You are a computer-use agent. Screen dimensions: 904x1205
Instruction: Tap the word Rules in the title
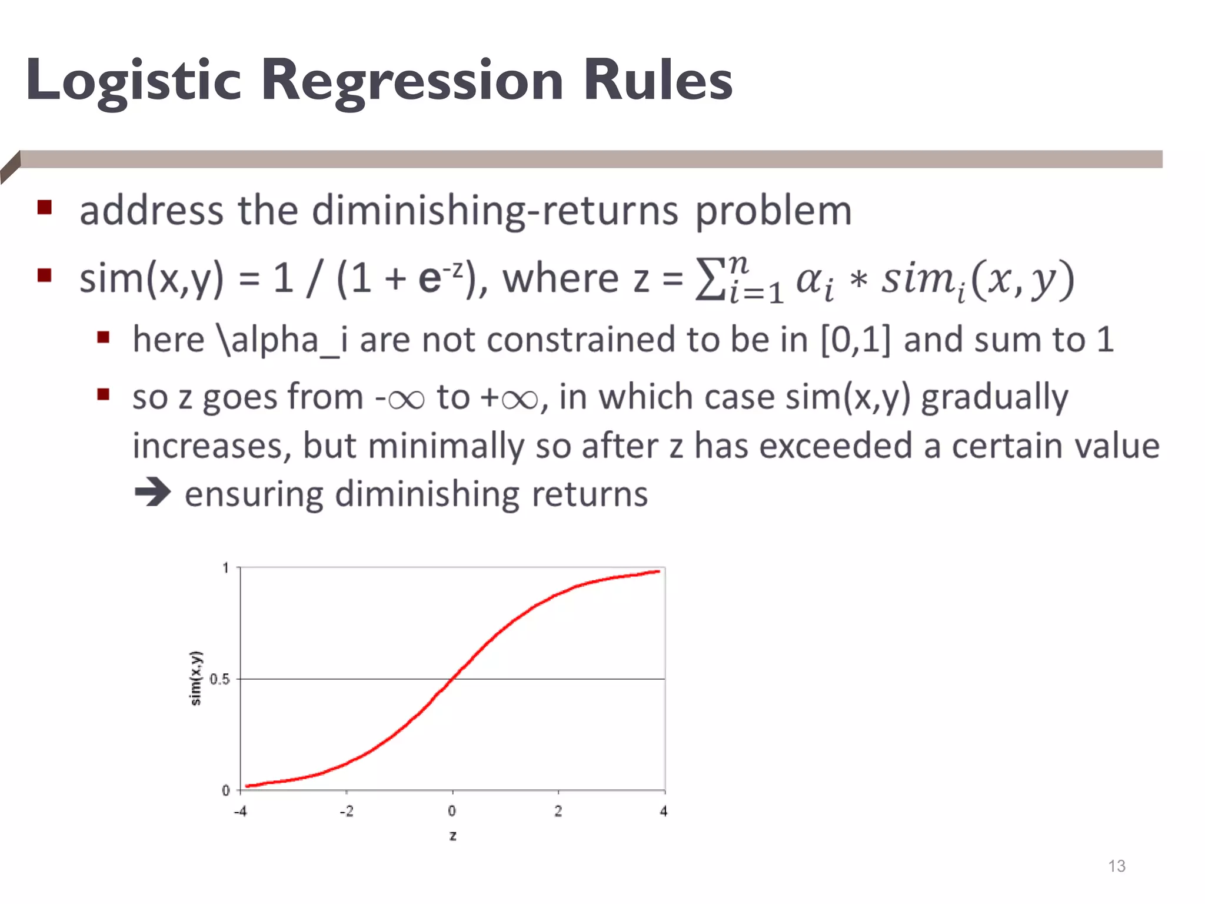(657, 81)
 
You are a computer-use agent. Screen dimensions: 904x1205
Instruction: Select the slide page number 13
(1116, 866)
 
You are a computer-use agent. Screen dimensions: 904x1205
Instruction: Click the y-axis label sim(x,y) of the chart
(196, 678)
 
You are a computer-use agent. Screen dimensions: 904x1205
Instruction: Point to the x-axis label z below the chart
(452, 836)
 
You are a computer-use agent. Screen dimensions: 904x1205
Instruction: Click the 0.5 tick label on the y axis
(219, 679)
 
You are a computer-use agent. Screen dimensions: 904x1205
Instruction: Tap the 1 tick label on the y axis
(225, 568)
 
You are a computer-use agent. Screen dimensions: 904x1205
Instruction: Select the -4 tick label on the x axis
(240, 811)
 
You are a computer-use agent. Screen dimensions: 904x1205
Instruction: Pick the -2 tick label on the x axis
(347, 811)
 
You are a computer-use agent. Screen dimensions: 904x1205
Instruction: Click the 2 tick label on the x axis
(558, 811)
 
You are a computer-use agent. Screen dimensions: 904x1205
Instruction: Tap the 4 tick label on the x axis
(664, 811)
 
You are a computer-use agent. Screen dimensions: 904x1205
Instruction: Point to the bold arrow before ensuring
(152, 492)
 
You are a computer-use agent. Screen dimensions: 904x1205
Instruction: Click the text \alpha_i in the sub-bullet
(282, 340)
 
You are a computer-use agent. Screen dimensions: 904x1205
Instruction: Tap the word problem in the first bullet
(773, 211)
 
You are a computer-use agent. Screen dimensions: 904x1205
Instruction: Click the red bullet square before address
(45, 207)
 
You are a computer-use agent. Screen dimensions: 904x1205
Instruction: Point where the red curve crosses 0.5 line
(451, 679)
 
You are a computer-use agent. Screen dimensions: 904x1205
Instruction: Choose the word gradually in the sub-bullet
(994, 397)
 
